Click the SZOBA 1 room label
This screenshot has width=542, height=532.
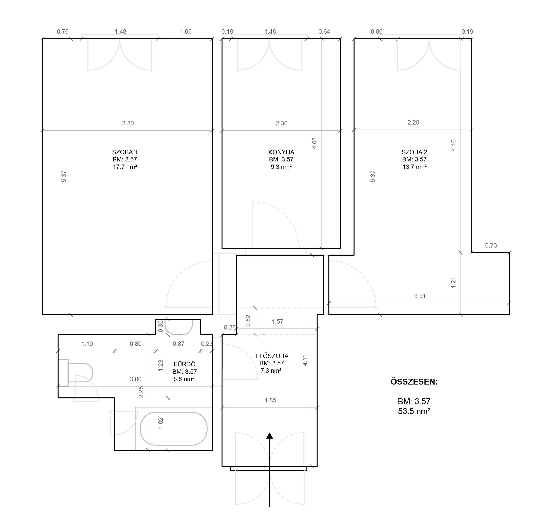(125, 152)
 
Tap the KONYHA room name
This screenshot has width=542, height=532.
(281, 152)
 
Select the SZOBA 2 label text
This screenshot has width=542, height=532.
(414, 152)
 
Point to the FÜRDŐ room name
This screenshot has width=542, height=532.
(184, 364)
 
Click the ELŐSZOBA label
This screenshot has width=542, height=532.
(272, 356)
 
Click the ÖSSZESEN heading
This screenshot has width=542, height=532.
(414, 382)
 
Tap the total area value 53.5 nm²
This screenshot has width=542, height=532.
(414, 411)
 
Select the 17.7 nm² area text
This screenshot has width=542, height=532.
(125, 167)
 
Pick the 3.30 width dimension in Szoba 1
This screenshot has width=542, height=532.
(128, 123)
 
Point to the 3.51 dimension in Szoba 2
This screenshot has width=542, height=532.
(420, 296)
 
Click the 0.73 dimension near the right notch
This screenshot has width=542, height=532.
(491, 245)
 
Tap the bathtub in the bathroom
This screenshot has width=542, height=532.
(173, 429)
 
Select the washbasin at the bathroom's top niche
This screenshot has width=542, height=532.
(178, 327)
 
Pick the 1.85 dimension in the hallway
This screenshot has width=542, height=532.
(270, 400)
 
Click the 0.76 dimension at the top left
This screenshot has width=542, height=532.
(62, 32)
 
